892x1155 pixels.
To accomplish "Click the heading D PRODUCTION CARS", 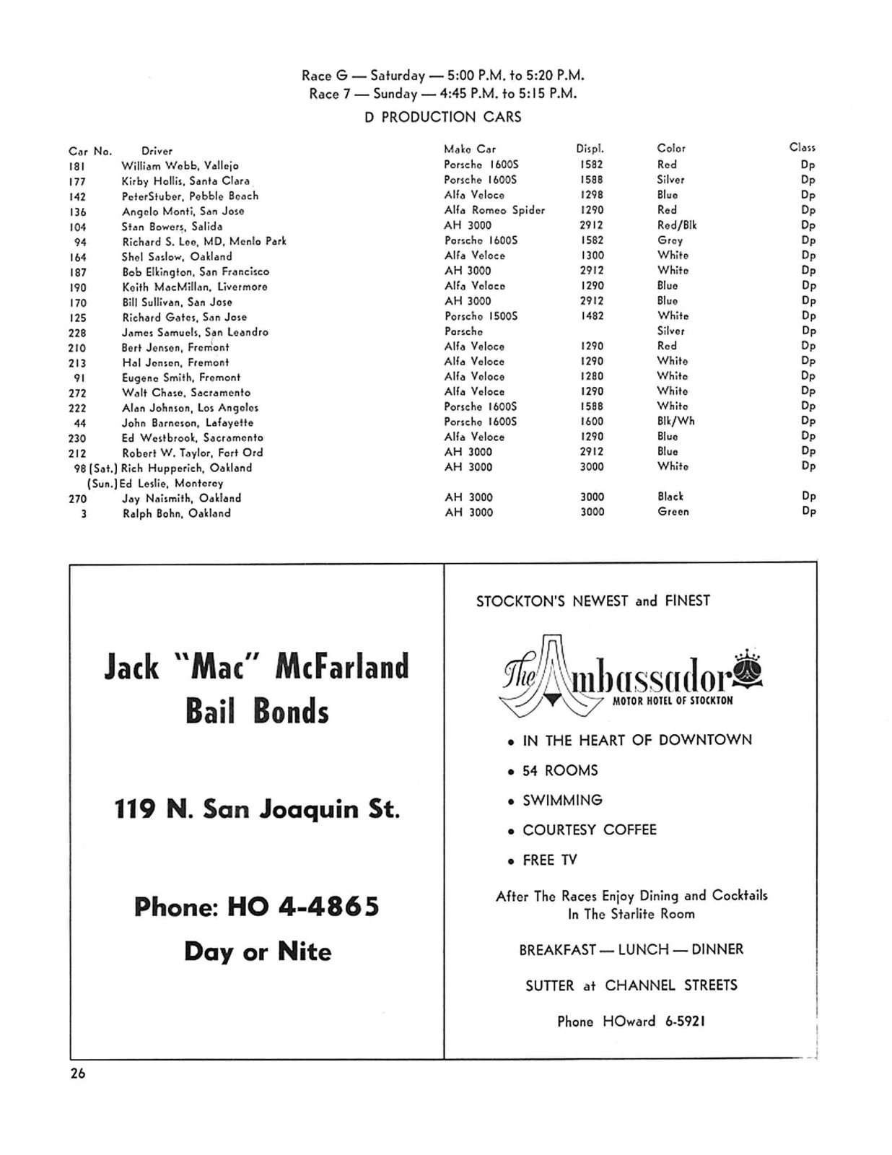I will (x=442, y=117).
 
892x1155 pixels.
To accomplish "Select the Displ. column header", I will (x=590, y=149).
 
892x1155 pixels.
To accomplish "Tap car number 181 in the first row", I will (x=77, y=165).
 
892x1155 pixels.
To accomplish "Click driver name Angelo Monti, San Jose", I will (x=183, y=211).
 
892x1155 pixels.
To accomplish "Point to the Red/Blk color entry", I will (x=676, y=225).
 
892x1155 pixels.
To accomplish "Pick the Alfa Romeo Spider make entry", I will (x=494, y=210).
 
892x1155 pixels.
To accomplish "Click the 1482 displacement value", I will (x=592, y=316).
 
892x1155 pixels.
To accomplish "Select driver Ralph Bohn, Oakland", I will (x=176, y=513).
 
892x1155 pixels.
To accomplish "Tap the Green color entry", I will (x=673, y=512).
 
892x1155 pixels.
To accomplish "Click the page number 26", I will (x=77, y=1073).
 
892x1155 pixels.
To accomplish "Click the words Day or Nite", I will (x=257, y=951).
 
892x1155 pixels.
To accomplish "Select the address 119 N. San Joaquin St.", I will (x=256, y=809).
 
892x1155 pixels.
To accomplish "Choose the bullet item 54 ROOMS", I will (x=559, y=770).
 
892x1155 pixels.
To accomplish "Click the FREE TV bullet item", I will (x=549, y=860).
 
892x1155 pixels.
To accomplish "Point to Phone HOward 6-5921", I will (x=631, y=1021).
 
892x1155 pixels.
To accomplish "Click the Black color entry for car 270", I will (x=670, y=497).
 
